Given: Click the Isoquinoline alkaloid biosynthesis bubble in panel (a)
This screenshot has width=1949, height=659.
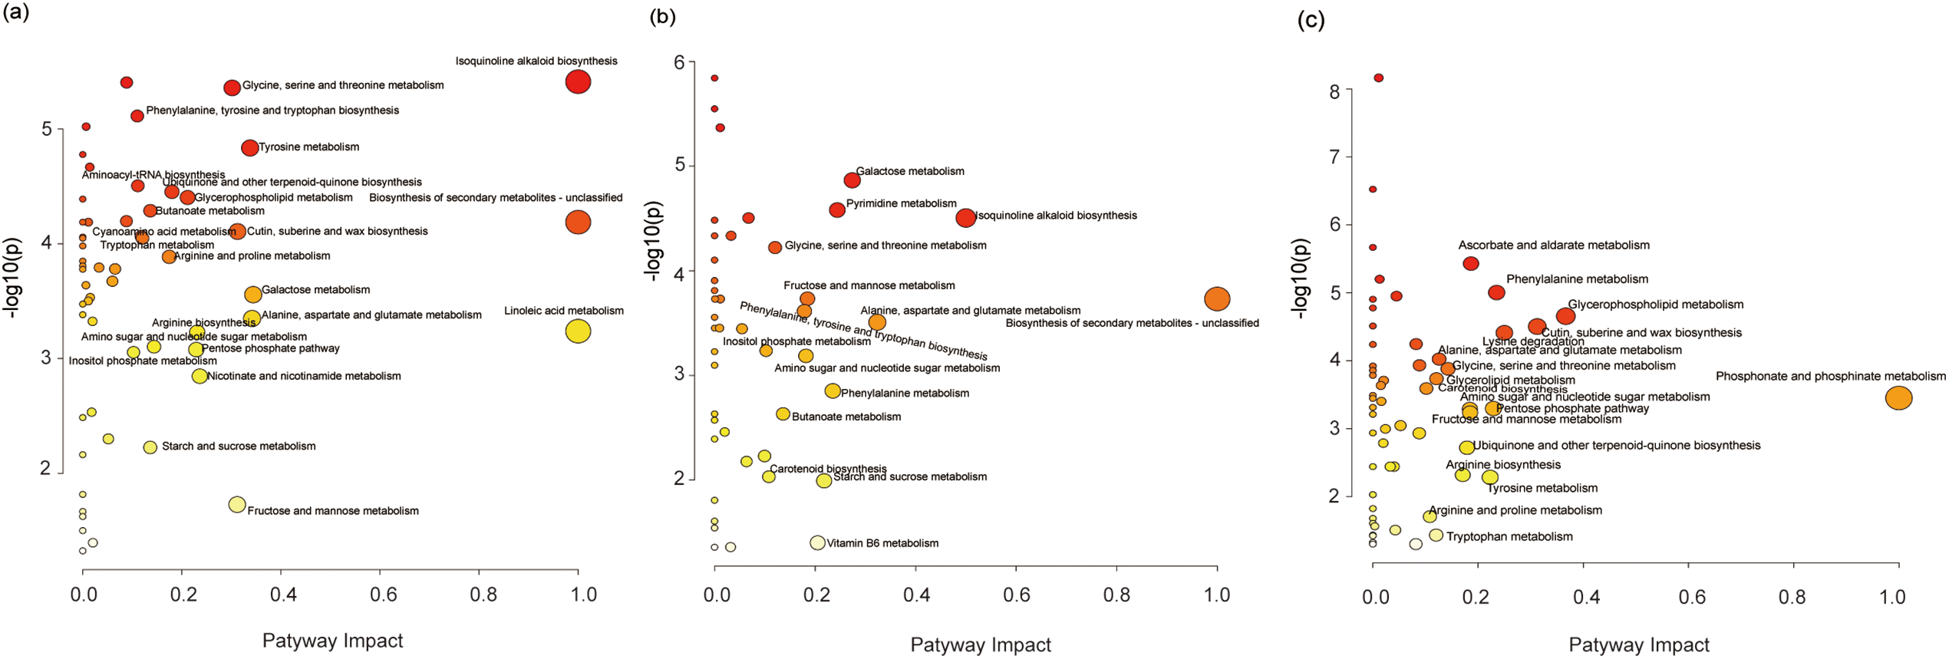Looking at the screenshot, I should (x=578, y=81).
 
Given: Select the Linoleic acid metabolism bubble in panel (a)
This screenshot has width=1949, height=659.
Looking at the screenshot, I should (x=578, y=331).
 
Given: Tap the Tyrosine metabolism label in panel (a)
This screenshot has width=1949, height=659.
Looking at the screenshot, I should (x=308, y=147).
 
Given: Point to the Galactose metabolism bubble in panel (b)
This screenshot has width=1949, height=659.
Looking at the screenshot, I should (x=852, y=180).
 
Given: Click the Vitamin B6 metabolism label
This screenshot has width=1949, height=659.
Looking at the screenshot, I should (x=882, y=543).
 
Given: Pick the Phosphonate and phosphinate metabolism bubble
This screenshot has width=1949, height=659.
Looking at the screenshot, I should (x=1898, y=398).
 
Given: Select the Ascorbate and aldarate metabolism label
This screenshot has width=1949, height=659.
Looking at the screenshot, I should (x=1553, y=245).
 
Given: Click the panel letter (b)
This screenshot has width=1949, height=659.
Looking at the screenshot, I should (x=662, y=17).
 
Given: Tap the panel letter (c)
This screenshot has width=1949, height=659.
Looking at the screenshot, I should (x=1311, y=20).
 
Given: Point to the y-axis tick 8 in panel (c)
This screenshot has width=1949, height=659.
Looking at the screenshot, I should (x=1334, y=91).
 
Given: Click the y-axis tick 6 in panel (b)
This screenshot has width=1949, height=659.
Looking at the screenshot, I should (x=679, y=62).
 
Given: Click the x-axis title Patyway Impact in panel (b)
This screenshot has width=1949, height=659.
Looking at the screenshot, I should (x=981, y=645).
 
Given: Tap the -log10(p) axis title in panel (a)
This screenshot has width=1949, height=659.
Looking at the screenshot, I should (x=13, y=278).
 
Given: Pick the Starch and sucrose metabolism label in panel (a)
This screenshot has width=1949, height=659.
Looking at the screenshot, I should (x=239, y=446).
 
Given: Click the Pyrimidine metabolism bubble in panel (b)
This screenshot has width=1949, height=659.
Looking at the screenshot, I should (x=837, y=209).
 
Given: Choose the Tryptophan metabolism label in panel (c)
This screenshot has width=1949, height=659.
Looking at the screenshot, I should (x=1509, y=537).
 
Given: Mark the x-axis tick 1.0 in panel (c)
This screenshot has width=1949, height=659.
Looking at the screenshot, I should (x=1893, y=597).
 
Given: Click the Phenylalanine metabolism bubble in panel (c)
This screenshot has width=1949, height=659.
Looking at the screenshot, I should (x=1496, y=292).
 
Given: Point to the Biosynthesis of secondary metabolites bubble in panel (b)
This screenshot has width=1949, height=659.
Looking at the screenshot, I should (x=1217, y=298).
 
